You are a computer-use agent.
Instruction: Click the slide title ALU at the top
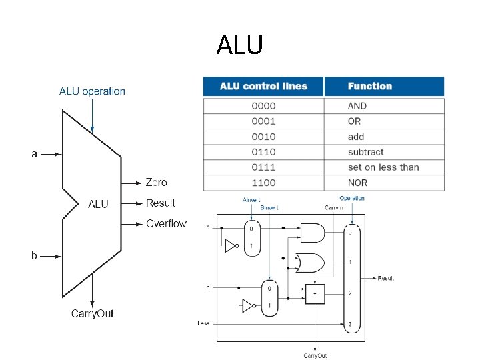click(240, 45)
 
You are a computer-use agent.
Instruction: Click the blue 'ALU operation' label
click(92, 91)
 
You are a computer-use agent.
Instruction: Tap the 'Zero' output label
click(156, 182)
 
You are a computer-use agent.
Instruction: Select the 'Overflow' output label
click(166, 223)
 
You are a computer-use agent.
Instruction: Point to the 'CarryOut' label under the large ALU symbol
click(92, 313)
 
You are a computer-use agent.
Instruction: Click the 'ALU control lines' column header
click(263, 86)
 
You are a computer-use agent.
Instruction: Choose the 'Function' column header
click(369, 86)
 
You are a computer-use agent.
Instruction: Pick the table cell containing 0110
click(263, 152)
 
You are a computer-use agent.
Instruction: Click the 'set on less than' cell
click(383, 167)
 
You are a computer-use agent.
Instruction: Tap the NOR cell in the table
click(358, 183)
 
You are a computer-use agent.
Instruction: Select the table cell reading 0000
click(263, 106)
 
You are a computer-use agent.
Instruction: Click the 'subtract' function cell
click(365, 152)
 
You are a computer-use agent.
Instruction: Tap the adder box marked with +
click(315, 294)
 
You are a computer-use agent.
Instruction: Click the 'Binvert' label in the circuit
click(269, 207)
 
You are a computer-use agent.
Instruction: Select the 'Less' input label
click(203, 323)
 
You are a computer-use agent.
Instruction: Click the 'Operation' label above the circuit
click(352, 198)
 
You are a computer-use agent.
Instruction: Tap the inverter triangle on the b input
click(247, 306)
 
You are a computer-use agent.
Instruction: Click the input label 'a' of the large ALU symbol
click(35, 154)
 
